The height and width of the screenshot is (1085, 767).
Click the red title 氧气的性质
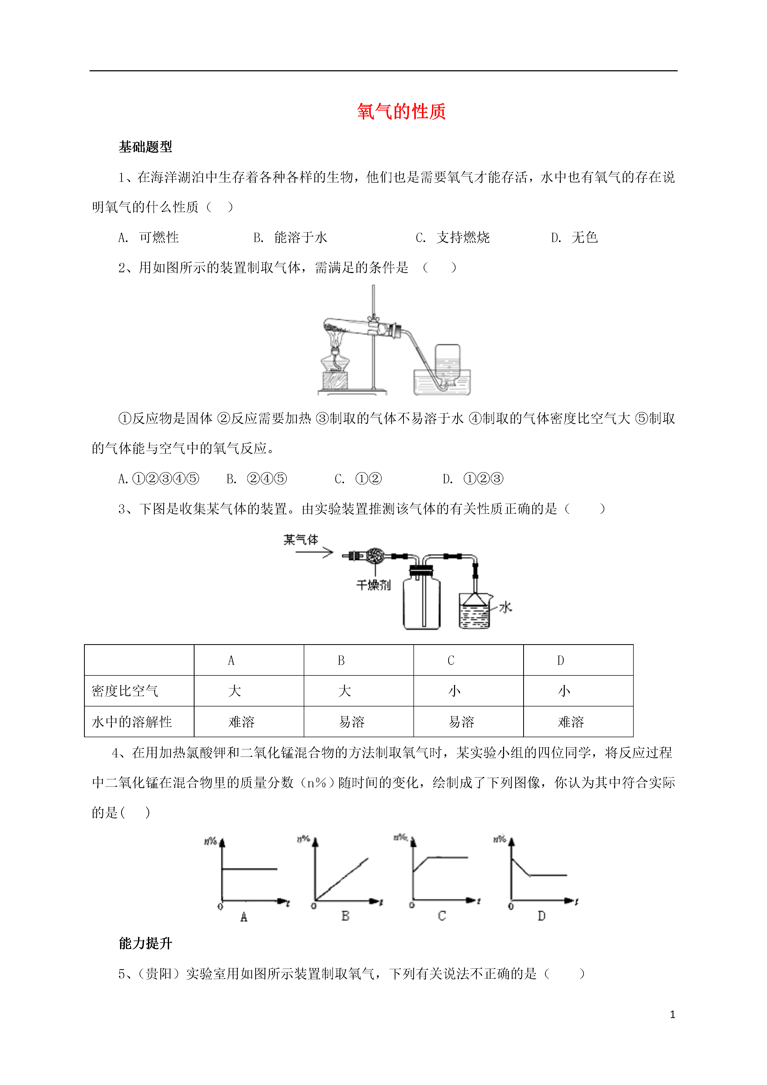[401, 112]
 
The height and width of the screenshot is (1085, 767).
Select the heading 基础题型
[146, 147]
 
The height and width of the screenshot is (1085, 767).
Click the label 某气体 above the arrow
[301, 540]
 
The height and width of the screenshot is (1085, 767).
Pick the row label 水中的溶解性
[132, 722]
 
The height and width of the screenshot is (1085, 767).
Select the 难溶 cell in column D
[571, 722]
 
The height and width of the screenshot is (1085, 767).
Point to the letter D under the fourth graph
[541, 916]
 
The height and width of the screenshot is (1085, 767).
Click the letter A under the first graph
[244, 917]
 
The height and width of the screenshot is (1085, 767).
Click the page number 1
[672, 1014]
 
